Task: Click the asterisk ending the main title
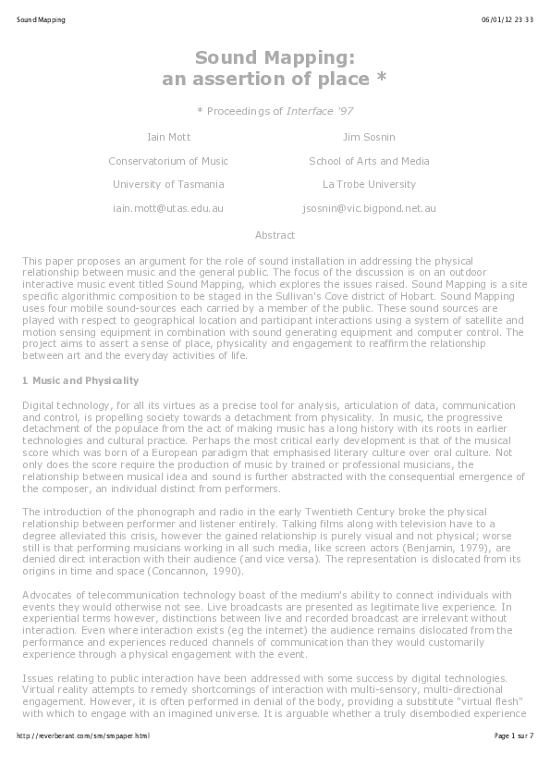click(381, 80)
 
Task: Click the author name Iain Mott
click(169, 137)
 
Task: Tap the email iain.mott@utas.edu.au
click(168, 209)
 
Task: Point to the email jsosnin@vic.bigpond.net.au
click(369, 209)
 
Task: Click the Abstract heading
click(275, 235)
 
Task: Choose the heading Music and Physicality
click(85, 380)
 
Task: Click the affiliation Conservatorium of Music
click(168, 161)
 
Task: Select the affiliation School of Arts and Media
click(369, 161)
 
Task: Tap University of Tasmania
click(168, 185)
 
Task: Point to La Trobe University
click(369, 185)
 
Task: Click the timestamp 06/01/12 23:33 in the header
click(507, 19)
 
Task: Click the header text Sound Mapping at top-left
click(41, 19)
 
